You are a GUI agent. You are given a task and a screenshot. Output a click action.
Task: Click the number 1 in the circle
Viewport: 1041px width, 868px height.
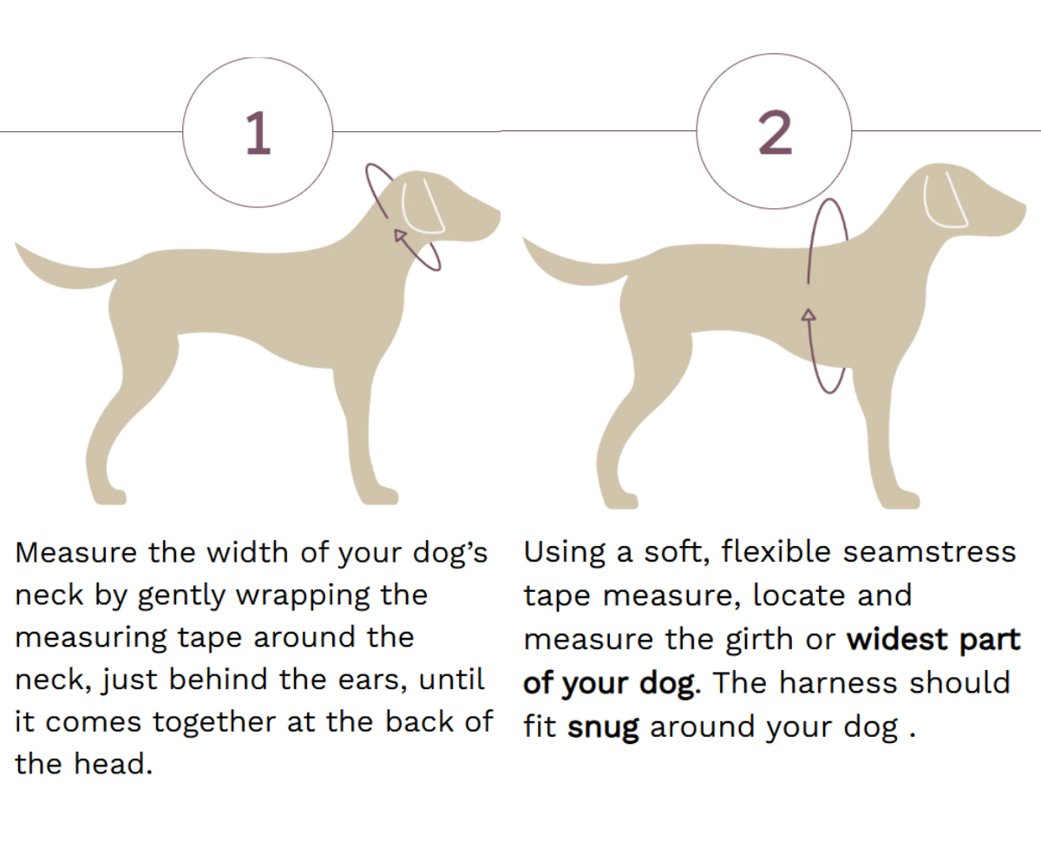coord(259,133)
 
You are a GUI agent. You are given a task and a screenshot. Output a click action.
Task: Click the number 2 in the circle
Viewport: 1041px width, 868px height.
coord(775,132)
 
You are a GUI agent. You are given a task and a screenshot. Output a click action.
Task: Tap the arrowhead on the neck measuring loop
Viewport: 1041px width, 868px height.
coord(399,235)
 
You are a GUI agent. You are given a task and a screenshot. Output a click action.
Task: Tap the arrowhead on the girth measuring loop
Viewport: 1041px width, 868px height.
coord(809,315)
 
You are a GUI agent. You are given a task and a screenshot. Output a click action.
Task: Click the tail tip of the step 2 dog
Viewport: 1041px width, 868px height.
coord(524,239)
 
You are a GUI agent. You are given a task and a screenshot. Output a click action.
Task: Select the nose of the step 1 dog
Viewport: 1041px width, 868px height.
coord(497,215)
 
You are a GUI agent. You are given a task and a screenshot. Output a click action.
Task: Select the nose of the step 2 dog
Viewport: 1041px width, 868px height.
coord(1022,209)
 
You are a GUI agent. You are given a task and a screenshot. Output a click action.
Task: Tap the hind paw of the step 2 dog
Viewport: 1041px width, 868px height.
coord(621,501)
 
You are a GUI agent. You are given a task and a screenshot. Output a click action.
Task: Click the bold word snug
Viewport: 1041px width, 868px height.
coord(603,727)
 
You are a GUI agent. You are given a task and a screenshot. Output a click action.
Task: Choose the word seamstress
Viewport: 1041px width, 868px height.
coord(929,552)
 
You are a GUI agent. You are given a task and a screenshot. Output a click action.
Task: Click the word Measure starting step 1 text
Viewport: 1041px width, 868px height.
coord(75,553)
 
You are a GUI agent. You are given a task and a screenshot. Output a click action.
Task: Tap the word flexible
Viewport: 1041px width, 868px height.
coord(776,552)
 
